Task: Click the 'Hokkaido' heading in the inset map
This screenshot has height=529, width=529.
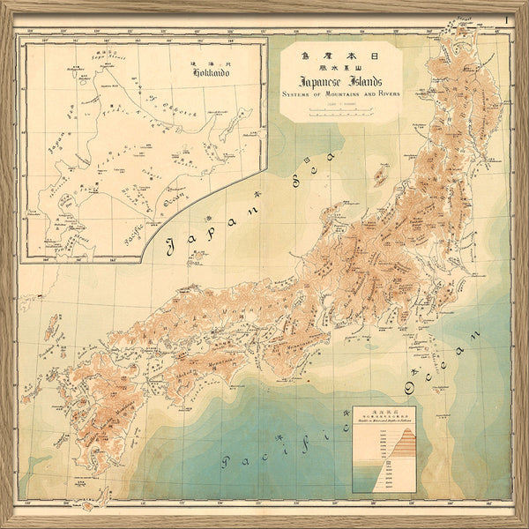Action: (x=209, y=74)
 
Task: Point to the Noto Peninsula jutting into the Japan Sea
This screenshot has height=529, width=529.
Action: (x=319, y=231)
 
